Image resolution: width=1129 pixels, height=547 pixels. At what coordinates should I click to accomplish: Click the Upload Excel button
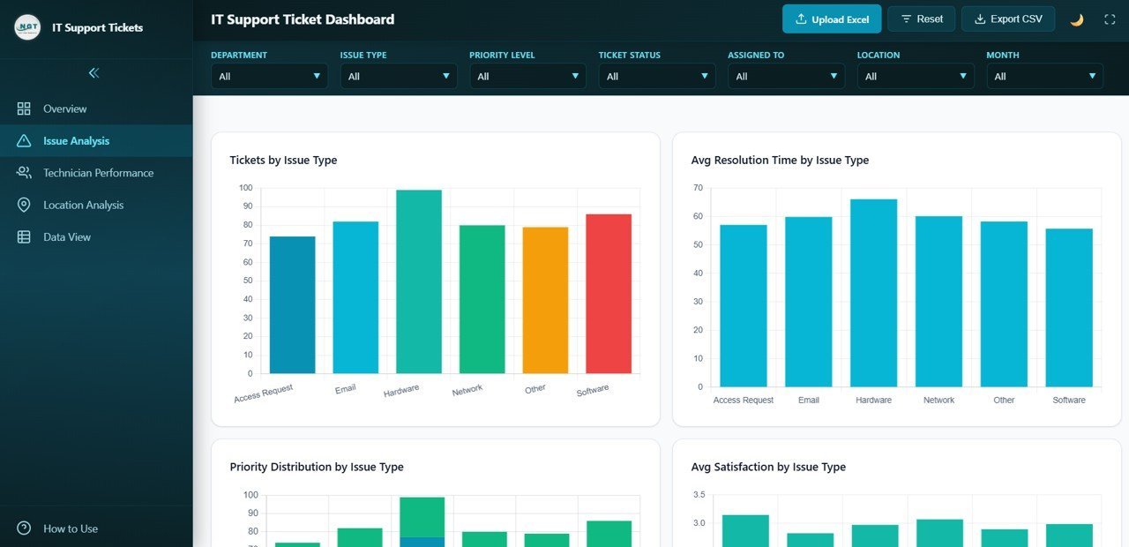(x=831, y=19)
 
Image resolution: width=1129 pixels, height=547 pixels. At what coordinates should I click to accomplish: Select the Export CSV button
(x=1008, y=19)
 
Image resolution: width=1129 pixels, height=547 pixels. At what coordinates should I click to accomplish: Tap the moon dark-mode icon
(x=1077, y=19)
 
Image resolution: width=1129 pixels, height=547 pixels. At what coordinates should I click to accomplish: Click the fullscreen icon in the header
(x=1110, y=19)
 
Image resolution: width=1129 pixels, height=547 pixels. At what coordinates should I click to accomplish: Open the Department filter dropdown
(x=269, y=77)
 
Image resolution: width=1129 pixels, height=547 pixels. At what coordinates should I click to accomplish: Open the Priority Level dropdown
(x=527, y=77)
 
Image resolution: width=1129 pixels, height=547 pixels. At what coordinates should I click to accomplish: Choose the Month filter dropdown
(x=1044, y=77)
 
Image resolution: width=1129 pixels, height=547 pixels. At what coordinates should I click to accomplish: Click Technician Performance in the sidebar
(x=98, y=173)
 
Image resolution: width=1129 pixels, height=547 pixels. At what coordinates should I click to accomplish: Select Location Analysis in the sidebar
(x=83, y=205)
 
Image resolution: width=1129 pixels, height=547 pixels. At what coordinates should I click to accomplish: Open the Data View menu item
(x=67, y=236)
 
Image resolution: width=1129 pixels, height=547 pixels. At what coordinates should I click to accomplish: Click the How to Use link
(x=71, y=528)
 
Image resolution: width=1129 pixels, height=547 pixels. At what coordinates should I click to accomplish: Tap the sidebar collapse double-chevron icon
(x=93, y=73)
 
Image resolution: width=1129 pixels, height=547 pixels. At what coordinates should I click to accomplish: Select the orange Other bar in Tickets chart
(x=545, y=300)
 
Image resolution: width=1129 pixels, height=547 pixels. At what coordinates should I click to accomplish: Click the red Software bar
(x=609, y=294)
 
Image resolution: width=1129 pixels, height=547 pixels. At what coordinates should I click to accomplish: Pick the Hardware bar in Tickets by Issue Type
(x=419, y=281)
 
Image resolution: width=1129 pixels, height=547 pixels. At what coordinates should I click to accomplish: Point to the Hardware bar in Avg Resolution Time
(x=873, y=293)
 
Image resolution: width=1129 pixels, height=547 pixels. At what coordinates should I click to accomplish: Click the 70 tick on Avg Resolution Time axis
(x=698, y=188)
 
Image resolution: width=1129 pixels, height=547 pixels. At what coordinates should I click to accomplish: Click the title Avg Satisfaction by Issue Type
(x=768, y=467)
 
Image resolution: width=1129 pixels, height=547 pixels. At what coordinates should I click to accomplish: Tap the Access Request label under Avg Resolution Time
(x=743, y=401)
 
